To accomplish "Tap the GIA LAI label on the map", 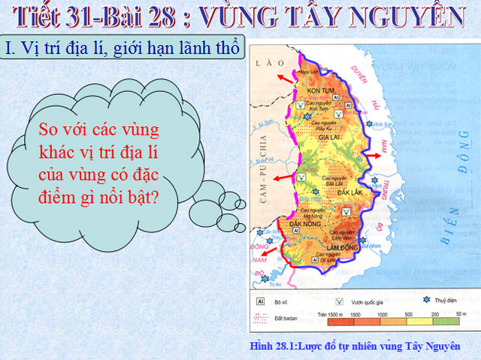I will coord(331,138).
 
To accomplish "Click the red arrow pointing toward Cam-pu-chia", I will coord(280,177).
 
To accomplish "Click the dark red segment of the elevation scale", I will coord(334,322).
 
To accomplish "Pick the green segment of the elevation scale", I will coord(454,322).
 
